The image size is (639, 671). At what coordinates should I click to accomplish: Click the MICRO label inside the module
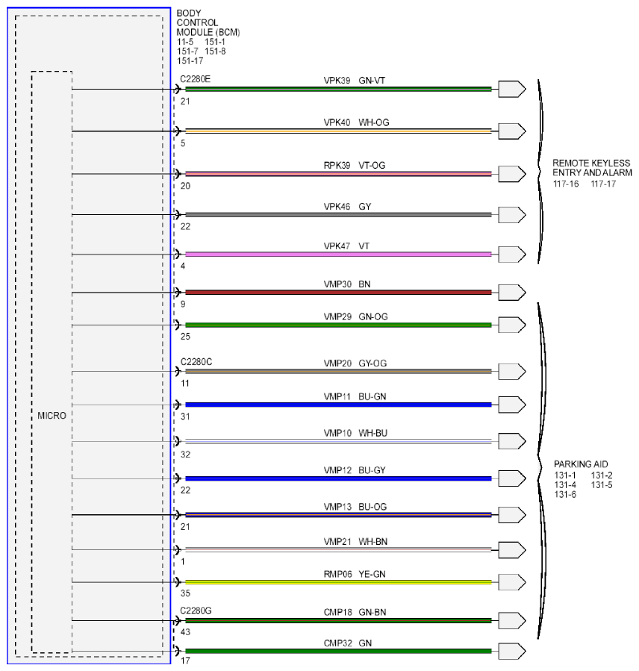coord(52,416)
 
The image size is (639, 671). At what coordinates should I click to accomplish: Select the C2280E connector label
coord(195,79)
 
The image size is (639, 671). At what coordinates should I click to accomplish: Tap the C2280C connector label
coord(196,362)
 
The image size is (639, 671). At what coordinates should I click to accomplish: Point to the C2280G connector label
coord(196,611)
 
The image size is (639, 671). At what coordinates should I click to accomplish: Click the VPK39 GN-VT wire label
coord(355,81)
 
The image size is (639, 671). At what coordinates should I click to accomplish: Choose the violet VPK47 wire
coord(338,255)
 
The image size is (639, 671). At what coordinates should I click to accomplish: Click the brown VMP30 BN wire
coord(338,293)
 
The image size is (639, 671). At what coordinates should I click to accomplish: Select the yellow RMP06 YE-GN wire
coord(338,582)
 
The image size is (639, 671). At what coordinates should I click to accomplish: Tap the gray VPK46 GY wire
coord(338,214)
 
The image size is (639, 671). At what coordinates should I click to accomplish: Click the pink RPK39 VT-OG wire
coord(338,174)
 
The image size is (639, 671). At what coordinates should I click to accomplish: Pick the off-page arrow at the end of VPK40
coord(512,131)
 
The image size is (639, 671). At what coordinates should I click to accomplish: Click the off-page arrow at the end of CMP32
coord(512,652)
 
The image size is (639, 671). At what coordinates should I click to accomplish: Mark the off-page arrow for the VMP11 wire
coord(512,405)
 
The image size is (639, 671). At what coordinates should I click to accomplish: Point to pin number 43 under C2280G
coord(185,632)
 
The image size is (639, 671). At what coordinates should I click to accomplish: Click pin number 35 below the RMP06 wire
coord(185,593)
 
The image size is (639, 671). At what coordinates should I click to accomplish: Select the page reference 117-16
coord(566,184)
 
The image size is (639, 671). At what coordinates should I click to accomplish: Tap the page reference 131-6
coord(565,495)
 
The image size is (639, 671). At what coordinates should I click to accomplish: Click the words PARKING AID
coord(581,464)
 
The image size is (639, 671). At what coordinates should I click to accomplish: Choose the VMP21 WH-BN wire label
coord(355,542)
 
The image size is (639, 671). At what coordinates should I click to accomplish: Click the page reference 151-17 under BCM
coord(190,61)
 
